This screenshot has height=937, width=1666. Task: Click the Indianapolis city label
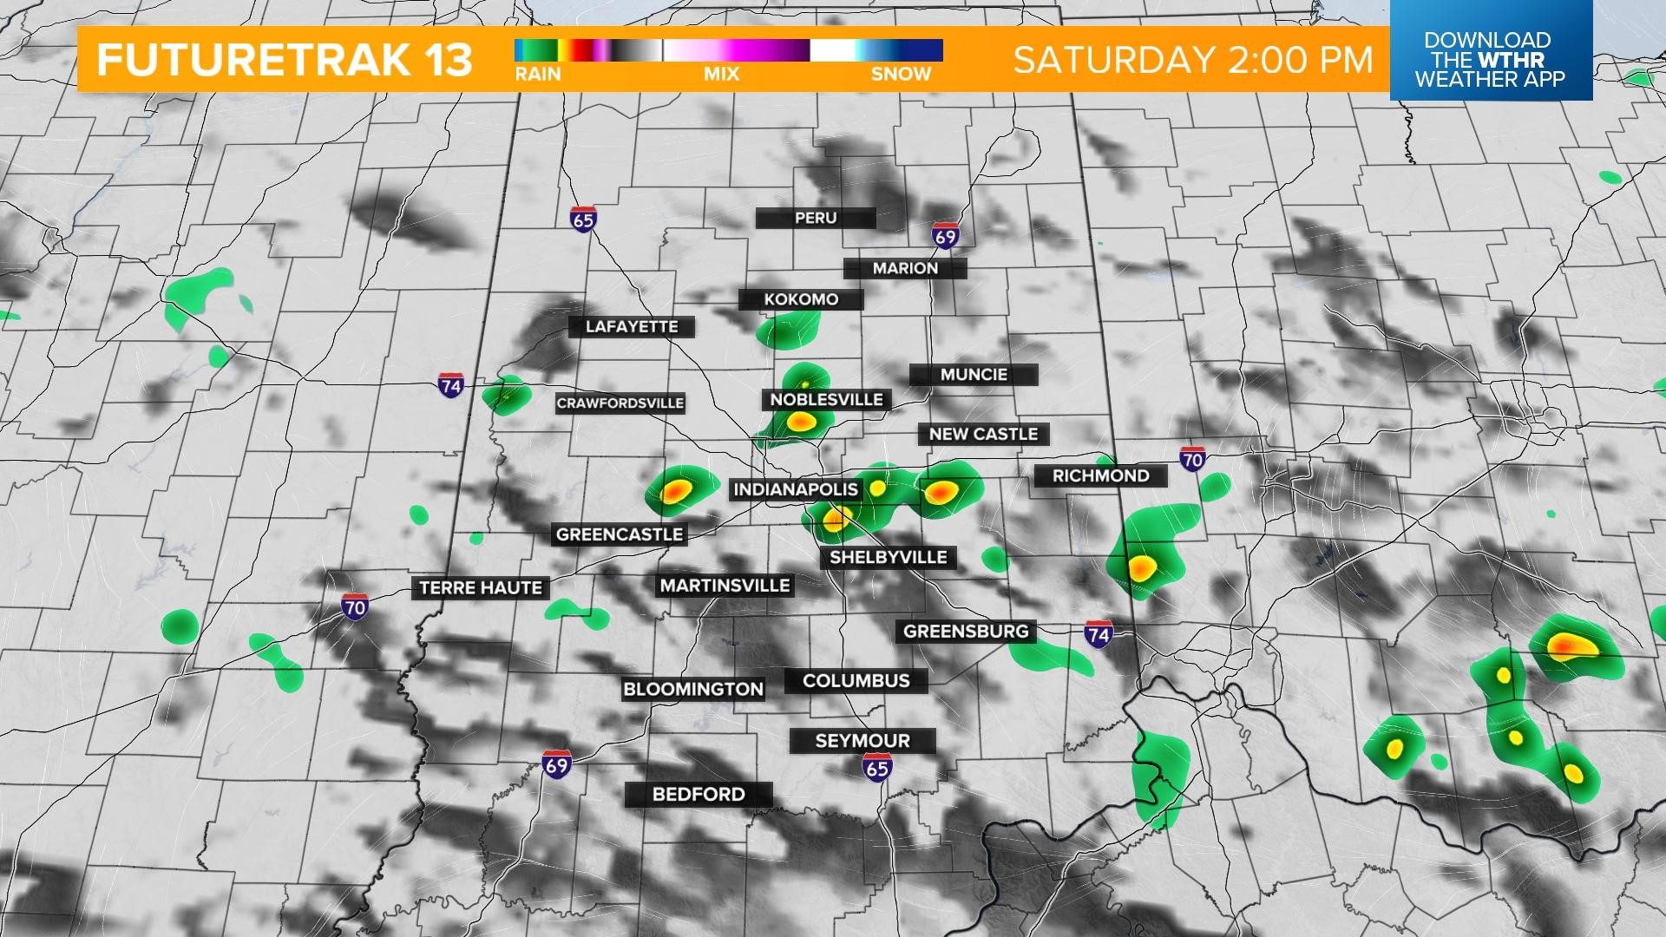[796, 489]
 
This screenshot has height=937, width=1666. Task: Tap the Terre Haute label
[481, 587]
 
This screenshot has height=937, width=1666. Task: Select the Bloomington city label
[693, 689]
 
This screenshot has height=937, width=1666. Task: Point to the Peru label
[816, 218]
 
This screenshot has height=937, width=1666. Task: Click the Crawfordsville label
[620, 403]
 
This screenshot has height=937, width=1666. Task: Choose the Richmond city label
[1100, 475]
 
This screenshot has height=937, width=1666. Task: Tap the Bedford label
[699, 794]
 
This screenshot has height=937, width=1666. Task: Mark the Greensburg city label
[966, 631]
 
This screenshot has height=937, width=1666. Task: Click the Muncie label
[974, 375]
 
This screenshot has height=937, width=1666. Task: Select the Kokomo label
[801, 299]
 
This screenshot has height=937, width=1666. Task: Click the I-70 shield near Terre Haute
[354, 607]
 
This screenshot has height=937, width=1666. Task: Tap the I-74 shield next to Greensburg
[1098, 634]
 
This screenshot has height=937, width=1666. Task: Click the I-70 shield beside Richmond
[1192, 459]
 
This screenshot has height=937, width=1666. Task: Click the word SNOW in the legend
[901, 74]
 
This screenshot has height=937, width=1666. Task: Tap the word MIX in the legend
[721, 74]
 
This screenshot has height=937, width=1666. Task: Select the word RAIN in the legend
[538, 74]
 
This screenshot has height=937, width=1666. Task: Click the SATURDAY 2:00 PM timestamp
[1193, 60]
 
